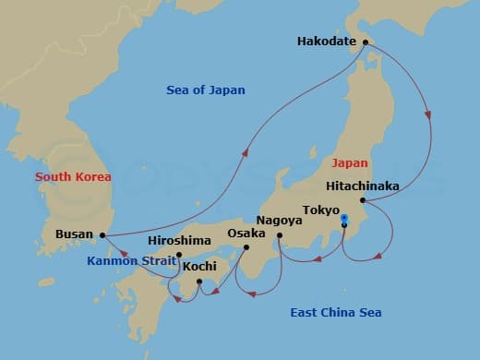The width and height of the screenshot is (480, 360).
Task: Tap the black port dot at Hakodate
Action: [x=365, y=42]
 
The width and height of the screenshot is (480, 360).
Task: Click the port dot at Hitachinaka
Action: [x=363, y=200]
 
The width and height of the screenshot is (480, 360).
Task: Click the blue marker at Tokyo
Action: [x=343, y=221]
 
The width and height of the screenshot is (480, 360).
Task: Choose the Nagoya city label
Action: [x=278, y=222]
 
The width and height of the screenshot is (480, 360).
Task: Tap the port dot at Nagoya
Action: [x=280, y=234]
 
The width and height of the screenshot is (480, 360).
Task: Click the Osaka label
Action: [x=246, y=234]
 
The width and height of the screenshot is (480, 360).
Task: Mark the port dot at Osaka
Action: [x=246, y=246]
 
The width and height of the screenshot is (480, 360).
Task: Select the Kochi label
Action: [x=199, y=267]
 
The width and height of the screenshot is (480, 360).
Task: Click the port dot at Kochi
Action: [x=199, y=281]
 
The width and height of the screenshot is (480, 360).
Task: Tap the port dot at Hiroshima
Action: [x=179, y=254]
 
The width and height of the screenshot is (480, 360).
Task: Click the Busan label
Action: [x=74, y=234]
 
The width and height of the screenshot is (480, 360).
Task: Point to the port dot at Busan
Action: [x=102, y=234]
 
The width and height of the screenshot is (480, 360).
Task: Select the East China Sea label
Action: [x=337, y=313]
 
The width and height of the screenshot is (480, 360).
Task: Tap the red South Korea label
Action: [x=73, y=176]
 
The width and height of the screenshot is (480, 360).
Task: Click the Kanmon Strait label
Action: [x=130, y=261]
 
